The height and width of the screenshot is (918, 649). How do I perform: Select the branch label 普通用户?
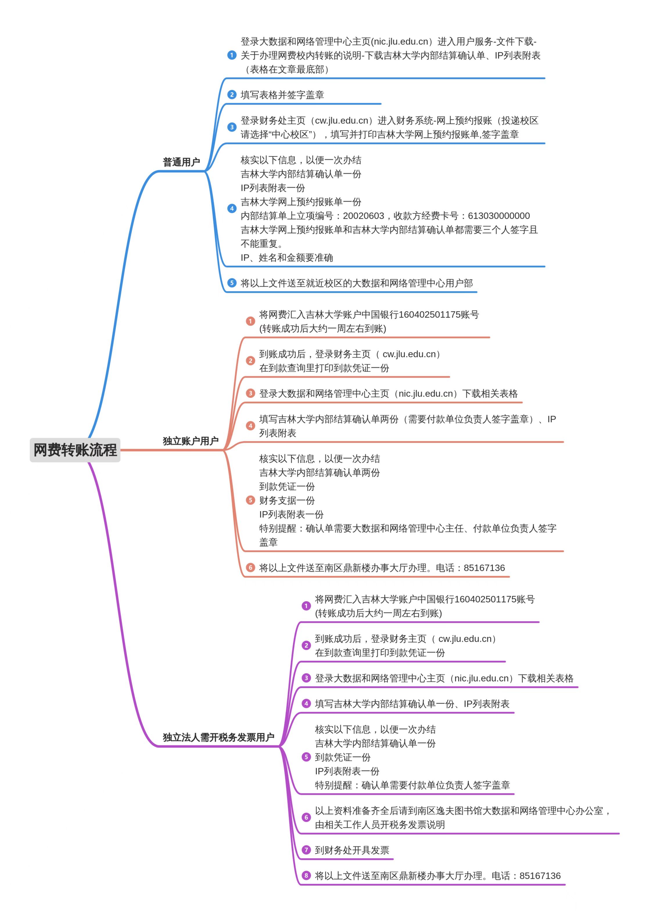pyautogui.click(x=181, y=162)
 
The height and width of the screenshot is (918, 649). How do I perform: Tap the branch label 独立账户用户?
pyautogui.click(x=190, y=441)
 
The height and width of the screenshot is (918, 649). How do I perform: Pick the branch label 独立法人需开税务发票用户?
pyautogui.click(x=218, y=737)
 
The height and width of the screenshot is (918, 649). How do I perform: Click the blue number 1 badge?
pyautogui.click(x=232, y=55)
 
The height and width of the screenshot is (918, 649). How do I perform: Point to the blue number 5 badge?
pyautogui.click(x=232, y=283)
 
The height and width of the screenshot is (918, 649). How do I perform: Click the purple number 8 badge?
pyautogui.click(x=306, y=876)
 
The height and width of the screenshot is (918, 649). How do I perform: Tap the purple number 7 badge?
pyautogui.click(x=306, y=850)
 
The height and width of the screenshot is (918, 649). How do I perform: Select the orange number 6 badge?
pyautogui.click(x=250, y=568)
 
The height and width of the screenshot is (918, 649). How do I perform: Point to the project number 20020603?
pyautogui.click(x=363, y=216)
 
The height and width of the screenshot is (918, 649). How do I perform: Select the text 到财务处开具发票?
pyautogui.click(x=352, y=850)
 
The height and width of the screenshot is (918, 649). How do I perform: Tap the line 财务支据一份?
pyautogui.click(x=287, y=500)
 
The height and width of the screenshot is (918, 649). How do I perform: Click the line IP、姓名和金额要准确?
pyautogui.click(x=286, y=257)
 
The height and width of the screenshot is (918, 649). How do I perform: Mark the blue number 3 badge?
pyautogui.click(x=232, y=127)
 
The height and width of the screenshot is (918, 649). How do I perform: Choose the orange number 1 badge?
pyautogui.click(x=250, y=321)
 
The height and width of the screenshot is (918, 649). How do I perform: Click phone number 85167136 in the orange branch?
pyautogui.click(x=484, y=568)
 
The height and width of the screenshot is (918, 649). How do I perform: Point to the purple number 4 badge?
pyautogui.click(x=306, y=704)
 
